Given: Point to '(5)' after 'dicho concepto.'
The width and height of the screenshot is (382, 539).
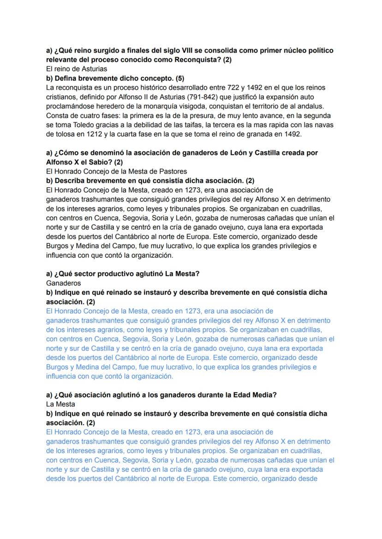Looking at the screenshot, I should pyautogui.click(x=178, y=77).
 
